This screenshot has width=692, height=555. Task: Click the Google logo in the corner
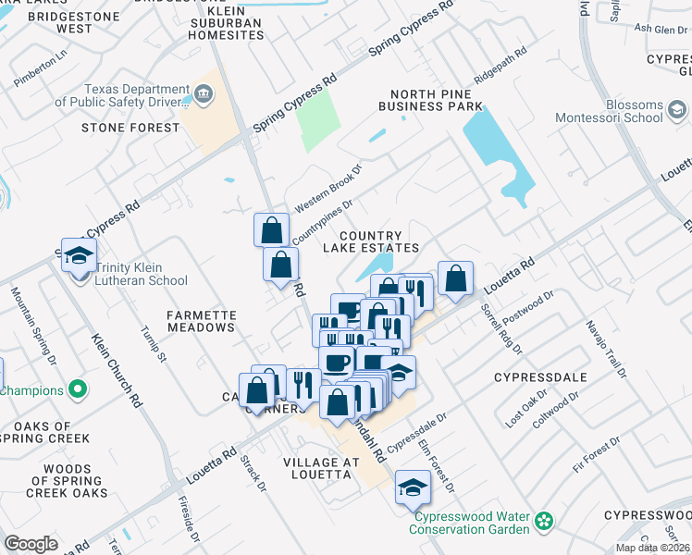31,543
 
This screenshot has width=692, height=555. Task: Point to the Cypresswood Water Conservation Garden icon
546,523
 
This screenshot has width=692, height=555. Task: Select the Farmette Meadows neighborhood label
201,322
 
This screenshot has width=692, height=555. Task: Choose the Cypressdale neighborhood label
538,378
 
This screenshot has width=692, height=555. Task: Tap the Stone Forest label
130,128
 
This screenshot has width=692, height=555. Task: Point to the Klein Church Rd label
117,369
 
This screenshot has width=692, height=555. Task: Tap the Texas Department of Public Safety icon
204,93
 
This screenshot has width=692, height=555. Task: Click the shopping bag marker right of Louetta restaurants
455,278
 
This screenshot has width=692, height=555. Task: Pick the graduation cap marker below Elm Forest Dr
412,488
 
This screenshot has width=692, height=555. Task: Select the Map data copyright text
652,548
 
